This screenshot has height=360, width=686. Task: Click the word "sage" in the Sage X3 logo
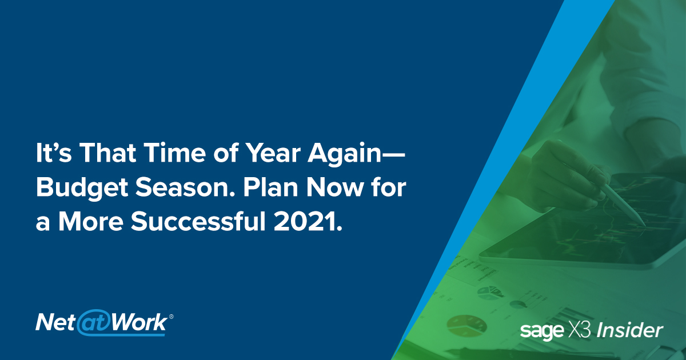point(540,331)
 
